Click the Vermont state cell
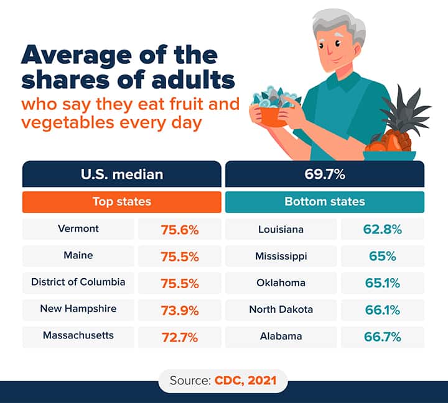[78, 229]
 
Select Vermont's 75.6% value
[180, 230]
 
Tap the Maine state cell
[78, 256]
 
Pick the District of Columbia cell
[78, 283]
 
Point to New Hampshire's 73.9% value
[180, 310]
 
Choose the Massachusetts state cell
[78, 336]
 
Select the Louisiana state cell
[281, 229]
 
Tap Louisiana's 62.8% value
[383, 230]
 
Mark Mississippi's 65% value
[383, 256]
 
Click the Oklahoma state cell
[281, 283]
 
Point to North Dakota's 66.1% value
[383, 310]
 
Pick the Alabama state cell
[281, 336]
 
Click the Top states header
[122, 202]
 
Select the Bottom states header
[325, 202]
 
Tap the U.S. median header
[122, 174]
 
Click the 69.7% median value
[325, 174]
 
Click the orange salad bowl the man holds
[273, 115]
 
